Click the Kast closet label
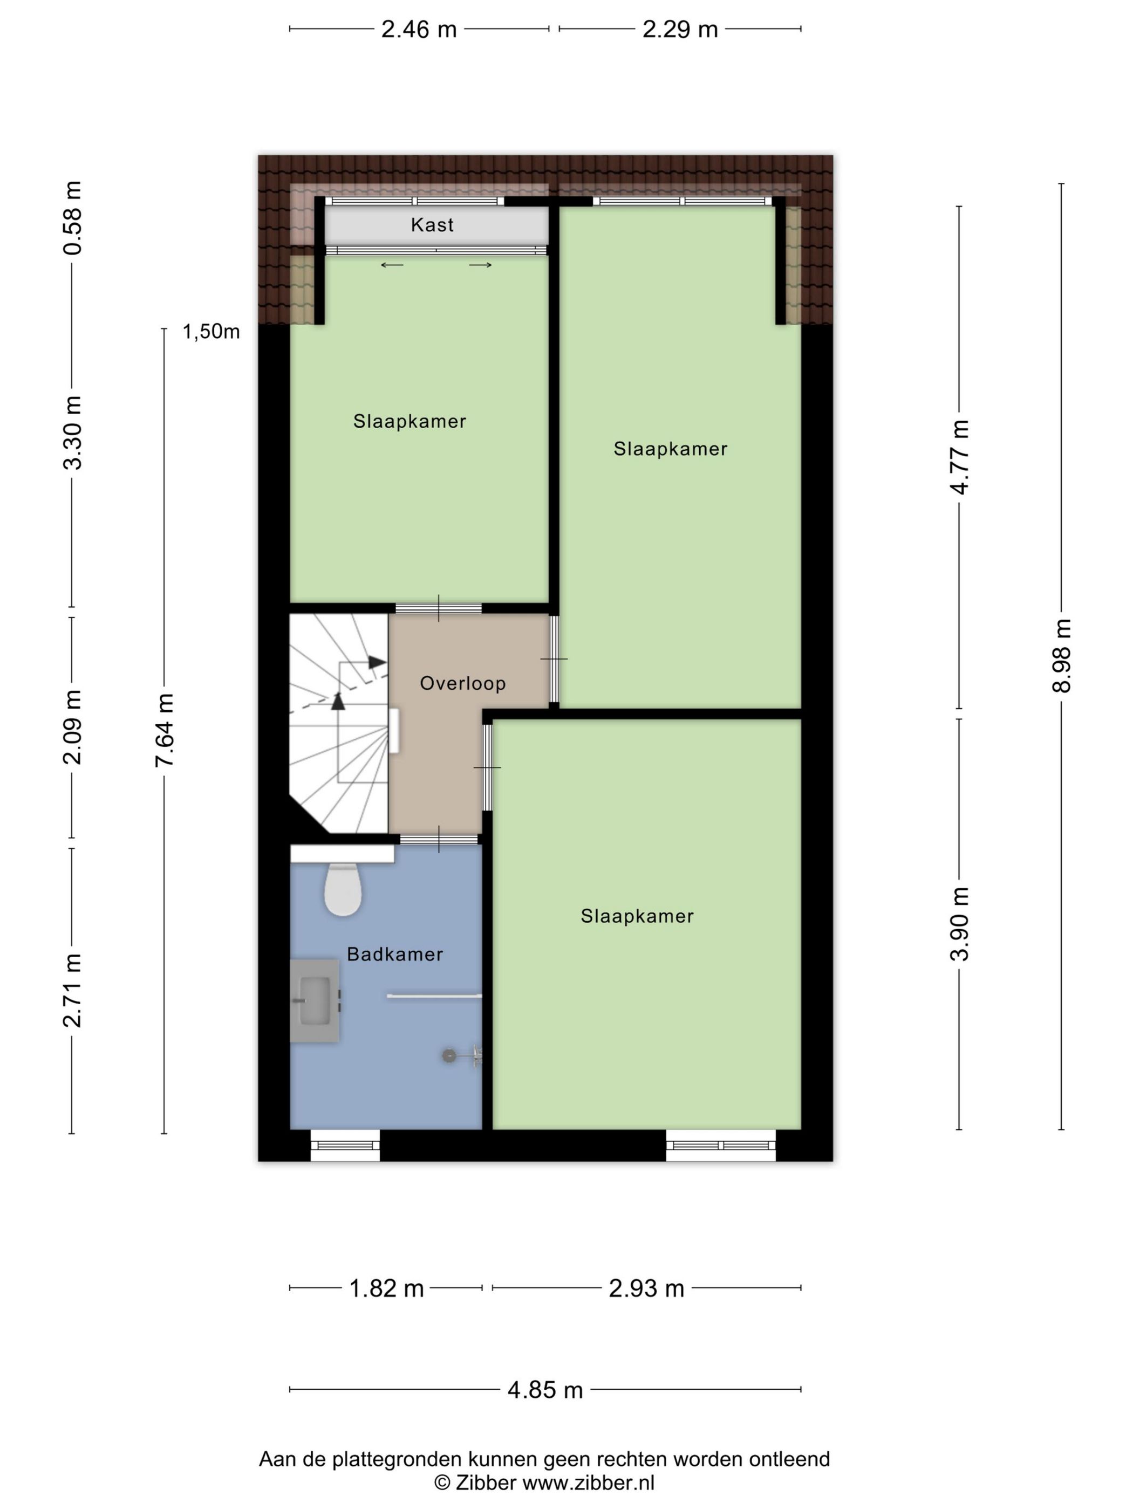pyautogui.click(x=432, y=224)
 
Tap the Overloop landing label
pyautogui.click(x=462, y=683)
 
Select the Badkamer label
pyautogui.click(x=395, y=955)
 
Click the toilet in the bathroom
pyautogui.click(x=342, y=889)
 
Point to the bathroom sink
pyautogui.click(x=315, y=1001)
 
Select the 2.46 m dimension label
pyautogui.click(x=419, y=29)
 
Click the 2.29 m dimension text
pyautogui.click(x=680, y=29)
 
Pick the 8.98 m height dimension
pyautogui.click(x=1061, y=656)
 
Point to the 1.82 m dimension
pyautogui.click(x=386, y=1288)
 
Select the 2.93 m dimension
pyautogui.click(x=646, y=1288)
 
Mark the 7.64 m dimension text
pyautogui.click(x=165, y=729)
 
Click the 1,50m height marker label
pyautogui.click(x=211, y=332)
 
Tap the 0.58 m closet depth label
pyautogui.click(x=72, y=218)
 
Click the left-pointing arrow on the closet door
pyautogui.click(x=392, y=265)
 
